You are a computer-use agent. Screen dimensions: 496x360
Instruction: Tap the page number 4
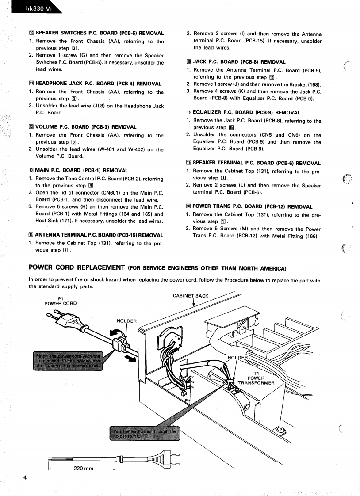pyautogui.click(x=25, y=477)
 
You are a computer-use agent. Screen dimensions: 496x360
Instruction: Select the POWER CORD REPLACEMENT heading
pyautogui.click(x=77, y=267)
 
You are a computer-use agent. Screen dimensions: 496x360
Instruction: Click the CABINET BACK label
pyautogui.click(x=190, y=296)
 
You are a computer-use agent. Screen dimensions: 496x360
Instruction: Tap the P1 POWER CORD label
pyautogui.click(x=61, y=301)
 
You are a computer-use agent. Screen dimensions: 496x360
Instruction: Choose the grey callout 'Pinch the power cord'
pyautogui.click(x=67, y=360)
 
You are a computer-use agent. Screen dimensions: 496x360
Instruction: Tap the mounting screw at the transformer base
pyautogui.click(x=280, y=429)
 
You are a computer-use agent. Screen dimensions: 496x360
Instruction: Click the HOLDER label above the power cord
pyautogui.click(x=127, y=321)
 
